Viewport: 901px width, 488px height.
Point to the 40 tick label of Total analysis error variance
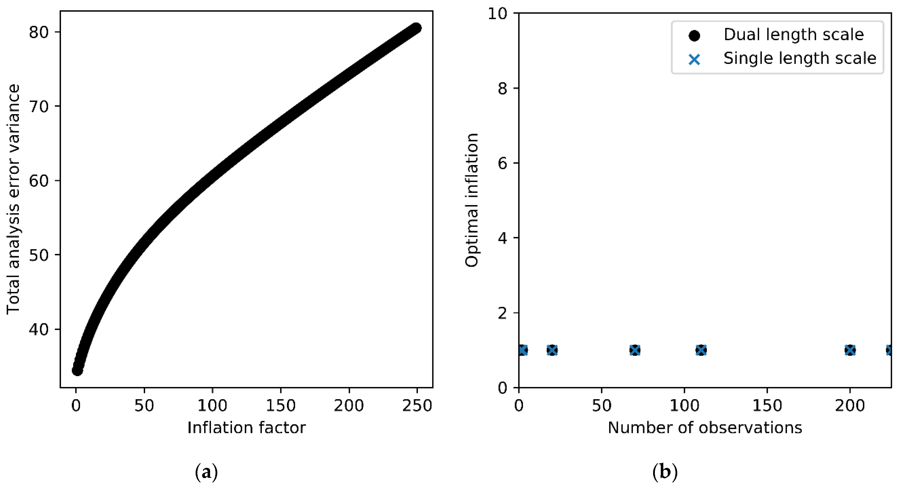tap(39, 329)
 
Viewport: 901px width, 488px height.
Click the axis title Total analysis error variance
tap(13, 199)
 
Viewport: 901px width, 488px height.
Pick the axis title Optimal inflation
tap(471, 200)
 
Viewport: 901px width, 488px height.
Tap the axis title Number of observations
tap(705, 428)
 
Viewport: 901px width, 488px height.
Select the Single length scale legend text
tap(799, 58)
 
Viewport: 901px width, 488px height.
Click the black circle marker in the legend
tap(694, 35)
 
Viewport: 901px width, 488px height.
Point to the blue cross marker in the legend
tap(694, 59)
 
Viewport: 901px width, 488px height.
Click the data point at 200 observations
tap(850, 350)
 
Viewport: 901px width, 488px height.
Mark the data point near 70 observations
tap(635, 350)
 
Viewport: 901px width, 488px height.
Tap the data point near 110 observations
tap(701, 350)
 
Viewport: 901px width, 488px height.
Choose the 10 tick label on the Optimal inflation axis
tap(497, 14)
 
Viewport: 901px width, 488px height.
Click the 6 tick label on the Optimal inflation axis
tap(502, 163)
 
